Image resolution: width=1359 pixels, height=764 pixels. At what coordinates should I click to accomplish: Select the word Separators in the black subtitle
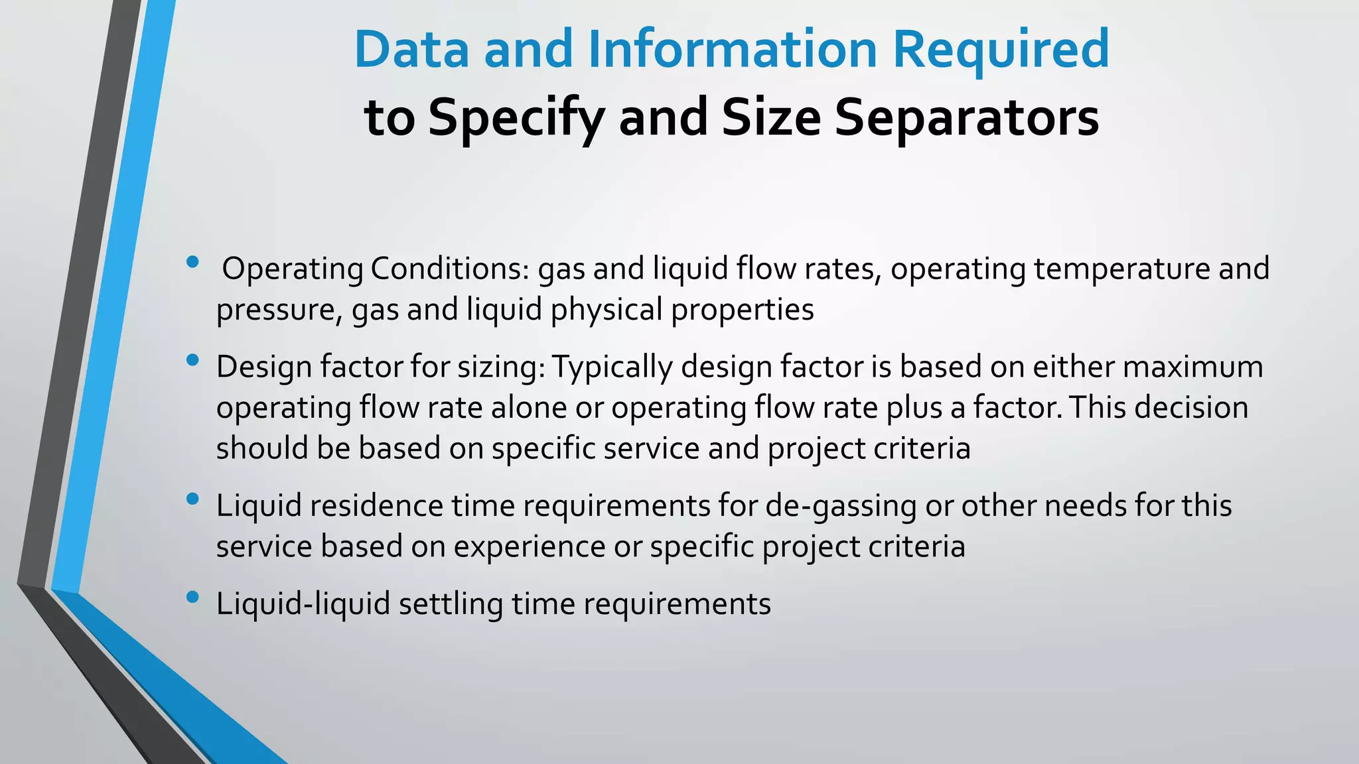point(966,118)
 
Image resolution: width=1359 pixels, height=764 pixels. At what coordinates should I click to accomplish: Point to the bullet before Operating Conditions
point(193,262)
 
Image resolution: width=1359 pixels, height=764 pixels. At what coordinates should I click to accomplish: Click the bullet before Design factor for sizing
point(193,360)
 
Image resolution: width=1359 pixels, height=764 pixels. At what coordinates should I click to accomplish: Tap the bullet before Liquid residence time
point(193,499)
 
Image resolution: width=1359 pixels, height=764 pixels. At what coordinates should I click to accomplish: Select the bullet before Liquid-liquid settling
point(193,598)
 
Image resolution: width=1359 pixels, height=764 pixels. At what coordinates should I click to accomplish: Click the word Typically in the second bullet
point(611,367)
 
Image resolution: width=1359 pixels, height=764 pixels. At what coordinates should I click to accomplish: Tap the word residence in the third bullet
point(376,507)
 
